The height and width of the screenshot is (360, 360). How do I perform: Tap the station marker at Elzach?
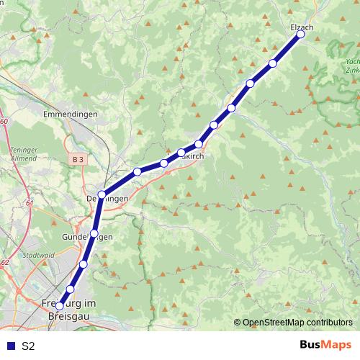[301, 34]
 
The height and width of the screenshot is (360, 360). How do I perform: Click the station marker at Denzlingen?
[102, 194]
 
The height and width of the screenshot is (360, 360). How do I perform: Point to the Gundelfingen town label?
[88, 237]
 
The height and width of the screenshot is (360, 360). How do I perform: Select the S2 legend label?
[28, 346]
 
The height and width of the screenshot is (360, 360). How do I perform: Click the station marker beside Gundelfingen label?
[94, 233]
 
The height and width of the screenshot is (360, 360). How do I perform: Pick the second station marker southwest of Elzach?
[251, 83]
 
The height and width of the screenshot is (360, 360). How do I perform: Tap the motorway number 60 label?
[4, 122]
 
